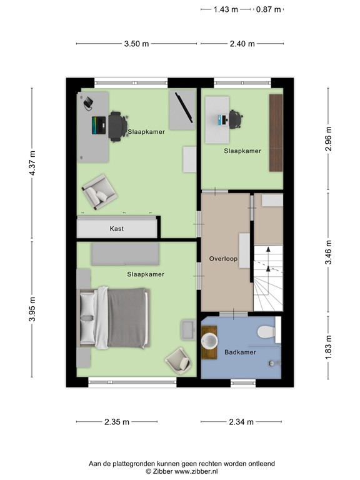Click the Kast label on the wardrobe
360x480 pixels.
pos(117,229)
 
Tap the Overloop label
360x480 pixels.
pos(224,258)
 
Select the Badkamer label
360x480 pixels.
pos(240,352)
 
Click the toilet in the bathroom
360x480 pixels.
pos(267,332)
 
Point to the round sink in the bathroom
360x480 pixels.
pos(210,341)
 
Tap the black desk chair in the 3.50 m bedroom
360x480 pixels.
pos(116,124)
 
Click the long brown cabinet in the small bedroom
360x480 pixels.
pos(275,132)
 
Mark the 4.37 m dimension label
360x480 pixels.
pos(32,164)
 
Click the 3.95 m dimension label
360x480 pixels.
pos(32,309)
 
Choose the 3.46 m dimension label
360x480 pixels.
pos(328,253)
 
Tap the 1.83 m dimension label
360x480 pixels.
pos(328,347)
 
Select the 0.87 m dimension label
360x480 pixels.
pos(269,9)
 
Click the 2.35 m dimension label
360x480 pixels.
pos(117,422)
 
